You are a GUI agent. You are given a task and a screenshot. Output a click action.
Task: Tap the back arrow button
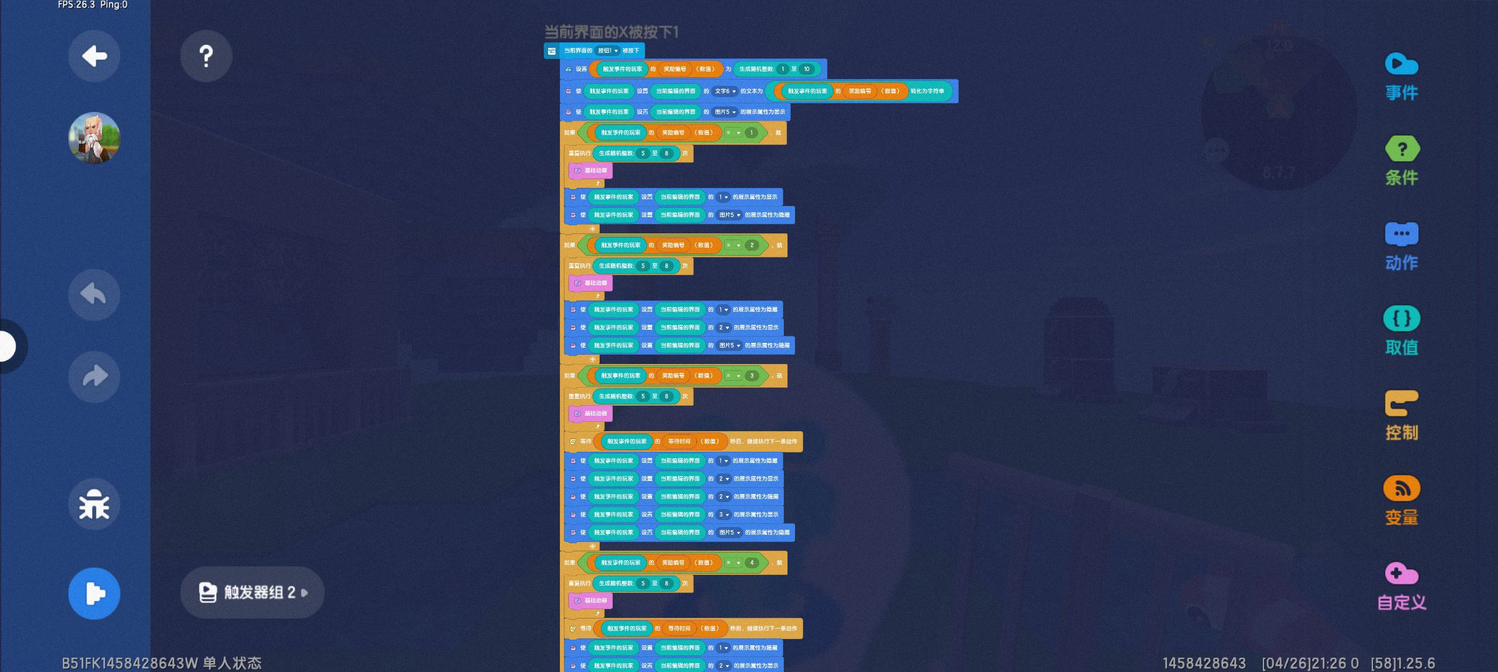[x=94, y=57]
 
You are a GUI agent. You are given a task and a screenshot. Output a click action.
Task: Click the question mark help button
[x=206, y=57]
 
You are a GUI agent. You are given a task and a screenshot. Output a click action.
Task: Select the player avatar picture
[x=94, y=138]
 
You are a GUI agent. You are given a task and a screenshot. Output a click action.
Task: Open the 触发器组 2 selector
[x=253, y=592]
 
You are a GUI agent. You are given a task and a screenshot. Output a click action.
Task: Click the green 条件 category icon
[x=1402, y=149]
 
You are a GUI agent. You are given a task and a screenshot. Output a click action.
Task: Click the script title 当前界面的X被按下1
[x=611, y=32]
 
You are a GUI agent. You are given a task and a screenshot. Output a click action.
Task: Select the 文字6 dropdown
[x=725, y=91]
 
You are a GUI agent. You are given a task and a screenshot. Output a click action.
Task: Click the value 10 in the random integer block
[x=806, y=69]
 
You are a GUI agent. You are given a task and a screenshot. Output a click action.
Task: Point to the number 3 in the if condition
[x=751, y=376]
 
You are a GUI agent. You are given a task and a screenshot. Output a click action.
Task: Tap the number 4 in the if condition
[x=751, y=563]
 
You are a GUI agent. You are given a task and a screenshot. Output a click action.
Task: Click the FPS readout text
[x=93, y=5]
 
